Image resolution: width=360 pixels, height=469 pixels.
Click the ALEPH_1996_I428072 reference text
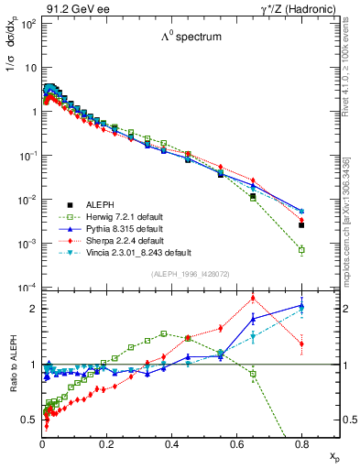click(190, 275)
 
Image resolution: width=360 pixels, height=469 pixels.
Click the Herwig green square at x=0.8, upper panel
click(301, 249)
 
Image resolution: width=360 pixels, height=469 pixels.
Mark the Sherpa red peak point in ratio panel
click(253, 298)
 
